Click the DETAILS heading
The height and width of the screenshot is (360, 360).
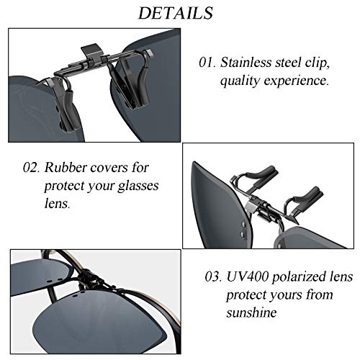[x=176, y=14]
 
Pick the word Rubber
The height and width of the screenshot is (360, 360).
[x=64, y=168]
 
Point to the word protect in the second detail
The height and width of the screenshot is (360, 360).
[x=66, y=186]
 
